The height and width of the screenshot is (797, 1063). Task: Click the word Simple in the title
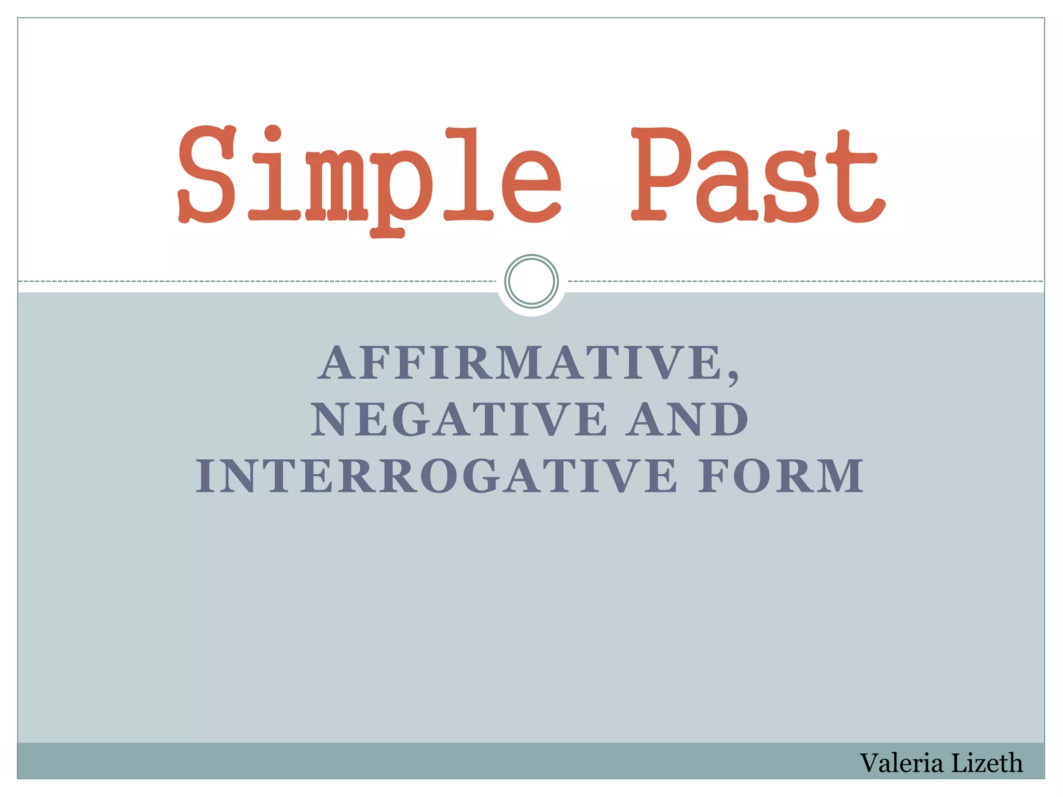[369, 176]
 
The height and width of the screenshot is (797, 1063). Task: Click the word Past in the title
[757, 176]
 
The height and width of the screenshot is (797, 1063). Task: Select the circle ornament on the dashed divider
[531, 281]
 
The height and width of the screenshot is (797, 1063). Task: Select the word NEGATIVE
[459, 419]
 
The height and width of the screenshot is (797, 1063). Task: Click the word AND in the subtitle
[687, 419]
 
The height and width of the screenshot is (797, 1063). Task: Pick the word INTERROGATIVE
[436, 476]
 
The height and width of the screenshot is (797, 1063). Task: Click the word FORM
[780, 476]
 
